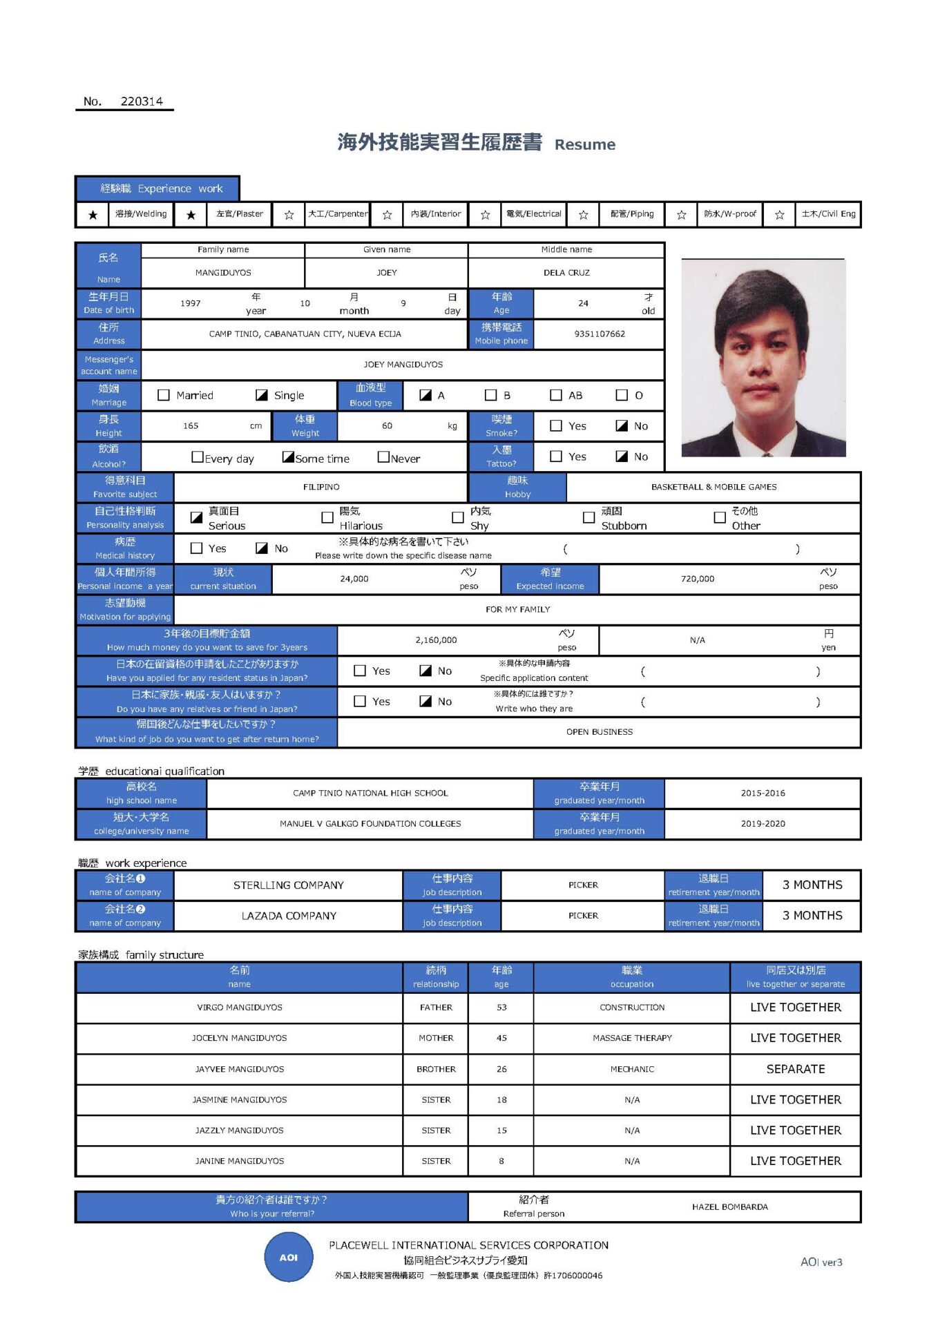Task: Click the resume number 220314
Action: pos(142,102)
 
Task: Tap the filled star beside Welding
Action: pos(93,215)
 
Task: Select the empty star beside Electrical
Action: pos(485,215)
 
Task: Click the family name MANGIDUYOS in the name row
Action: pos(223,273)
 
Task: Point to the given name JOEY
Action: pos(387,273)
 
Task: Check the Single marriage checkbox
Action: pos(262,395)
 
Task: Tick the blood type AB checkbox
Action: pos(556,395)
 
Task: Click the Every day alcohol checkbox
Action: pos(198,457)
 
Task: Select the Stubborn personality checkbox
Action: pos(588,517)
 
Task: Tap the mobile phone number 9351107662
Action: pos(600,334)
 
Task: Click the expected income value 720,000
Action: pos(698,579)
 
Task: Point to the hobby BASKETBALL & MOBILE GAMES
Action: pos(714,487)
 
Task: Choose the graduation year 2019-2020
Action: pos(763,824)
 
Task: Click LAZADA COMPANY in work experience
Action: pos(289,916)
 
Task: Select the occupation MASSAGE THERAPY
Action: pos(632,1038)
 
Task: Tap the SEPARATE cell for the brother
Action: pos(796,1069)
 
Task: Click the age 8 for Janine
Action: pos(501,1162)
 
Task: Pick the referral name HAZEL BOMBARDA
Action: pos(730,1207)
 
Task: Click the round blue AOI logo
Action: pos(289,1258)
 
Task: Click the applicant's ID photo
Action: pos(763,358)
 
